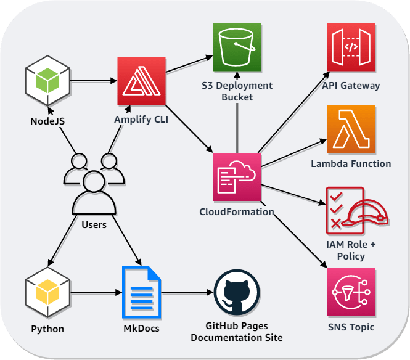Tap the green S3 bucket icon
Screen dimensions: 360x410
click(237, 47)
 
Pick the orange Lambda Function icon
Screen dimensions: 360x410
click(351, 128)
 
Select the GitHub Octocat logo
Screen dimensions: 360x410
click(237, 294)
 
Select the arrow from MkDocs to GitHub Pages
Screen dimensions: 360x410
click(185, 294)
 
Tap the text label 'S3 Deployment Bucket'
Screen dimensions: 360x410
click(237, 91)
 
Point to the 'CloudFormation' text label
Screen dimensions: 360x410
click(237, 211)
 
